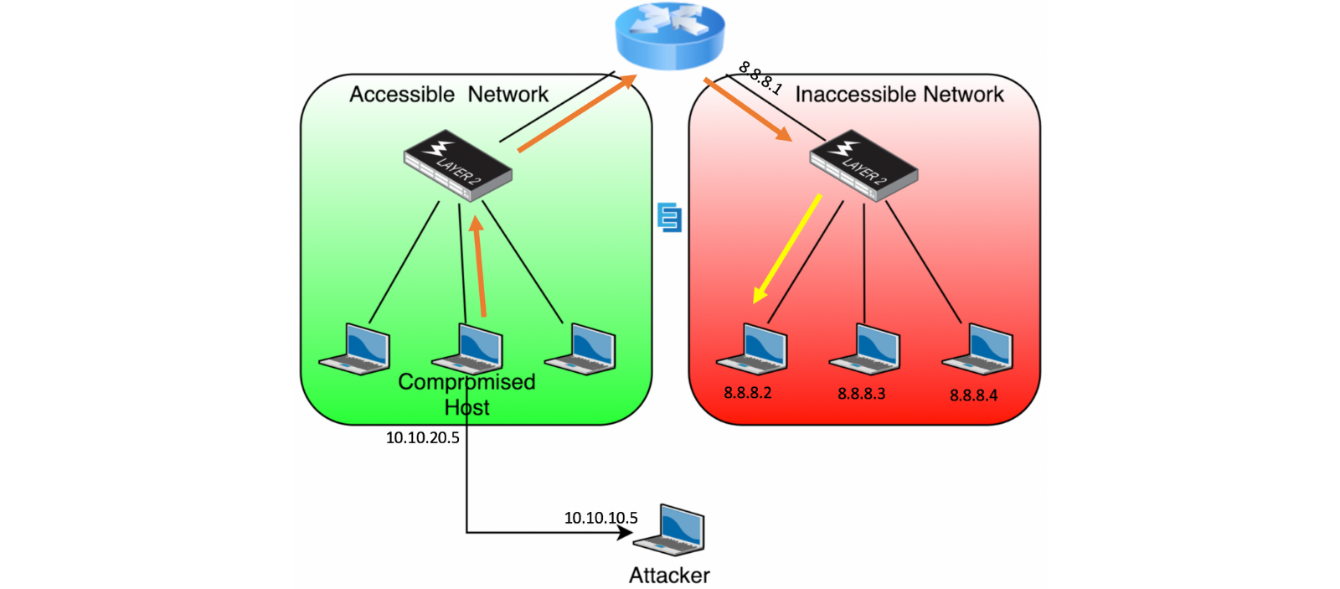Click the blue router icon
click(670, 36)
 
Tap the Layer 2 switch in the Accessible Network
click(457, 166)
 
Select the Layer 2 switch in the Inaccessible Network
click(863, 166)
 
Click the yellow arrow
click(786, 248)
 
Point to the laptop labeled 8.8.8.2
click(752, 349)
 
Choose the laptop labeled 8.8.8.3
click(864, 349)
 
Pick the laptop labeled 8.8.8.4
click(977, 349)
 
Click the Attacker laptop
click(669, 530)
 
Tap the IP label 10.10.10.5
click(600, 518)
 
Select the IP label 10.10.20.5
click(422, 437)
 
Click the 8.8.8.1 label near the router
click(760, 79)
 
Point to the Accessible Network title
click(449, 94)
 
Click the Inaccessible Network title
click(899, 94)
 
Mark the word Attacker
click(669, 576)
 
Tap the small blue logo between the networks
click(669, 217)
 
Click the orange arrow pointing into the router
click(577, 112)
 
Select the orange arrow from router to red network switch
click(748, 110)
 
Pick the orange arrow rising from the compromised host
click(478, 266)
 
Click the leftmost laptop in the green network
click(354, 349)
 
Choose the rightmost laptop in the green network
click(580, 349)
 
